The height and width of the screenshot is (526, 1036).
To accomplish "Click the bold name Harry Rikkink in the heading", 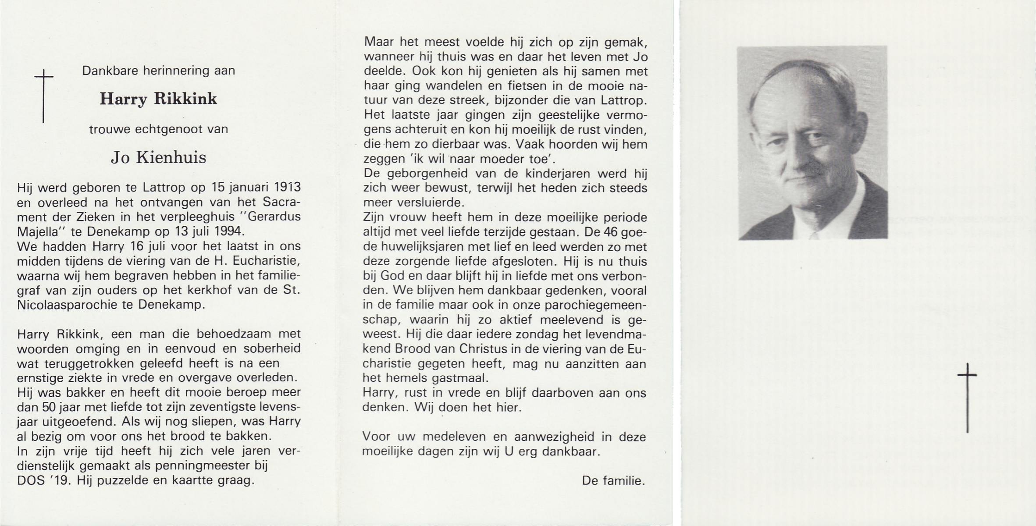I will click(158, 99).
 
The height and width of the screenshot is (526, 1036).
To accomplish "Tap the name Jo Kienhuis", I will click(158, 158).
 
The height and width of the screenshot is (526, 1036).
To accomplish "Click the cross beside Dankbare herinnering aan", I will click(43, 96).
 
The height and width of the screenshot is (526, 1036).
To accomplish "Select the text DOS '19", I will click(43, 481).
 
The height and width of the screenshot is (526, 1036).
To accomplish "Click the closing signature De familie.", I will click(613, 481).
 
